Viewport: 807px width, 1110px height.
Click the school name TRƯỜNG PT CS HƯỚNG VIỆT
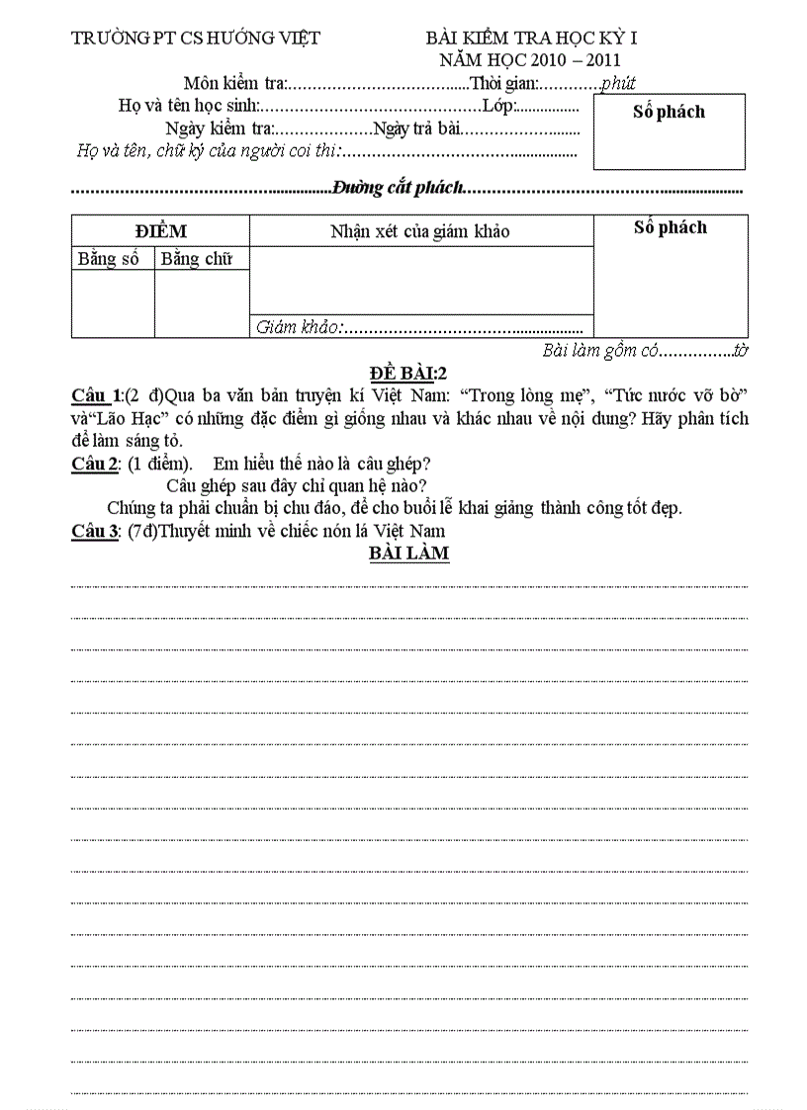(x=196, y=39)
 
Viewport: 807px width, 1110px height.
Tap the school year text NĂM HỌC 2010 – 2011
(x=531, y=59)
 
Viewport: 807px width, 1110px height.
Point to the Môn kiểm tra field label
(x=234, y=83)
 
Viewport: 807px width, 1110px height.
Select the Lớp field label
(x=497, y=106)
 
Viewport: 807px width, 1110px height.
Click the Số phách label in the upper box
(x=669, y=112)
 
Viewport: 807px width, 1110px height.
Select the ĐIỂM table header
(x=160, y=231)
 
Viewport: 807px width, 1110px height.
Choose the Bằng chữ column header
(x=197, y=259)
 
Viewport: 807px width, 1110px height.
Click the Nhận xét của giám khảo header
(x=420, y=231)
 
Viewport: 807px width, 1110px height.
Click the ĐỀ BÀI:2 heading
(x=409, y=373)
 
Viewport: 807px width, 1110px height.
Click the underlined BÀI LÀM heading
(x=408, y=553)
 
